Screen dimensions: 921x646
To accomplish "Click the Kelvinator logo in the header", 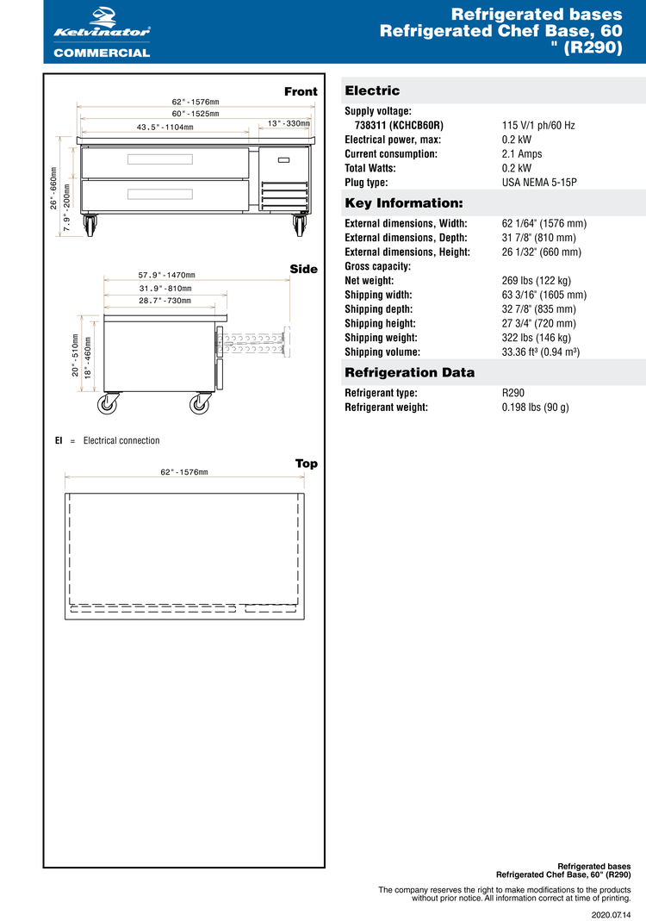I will (102, 26).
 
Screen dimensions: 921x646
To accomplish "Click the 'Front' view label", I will (301, 91).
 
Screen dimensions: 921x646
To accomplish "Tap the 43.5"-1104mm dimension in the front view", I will (165, 128).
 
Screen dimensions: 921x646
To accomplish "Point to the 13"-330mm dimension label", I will (289, 123).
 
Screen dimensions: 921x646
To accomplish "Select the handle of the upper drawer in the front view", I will (159, 159).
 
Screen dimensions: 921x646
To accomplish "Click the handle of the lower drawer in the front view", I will (159, 194).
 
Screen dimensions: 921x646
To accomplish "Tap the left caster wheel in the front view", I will (90, 227).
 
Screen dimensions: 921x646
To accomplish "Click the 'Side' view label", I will (303, 269).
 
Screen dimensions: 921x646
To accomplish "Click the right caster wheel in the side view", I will (201, 403).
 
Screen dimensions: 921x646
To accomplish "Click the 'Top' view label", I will (306, 464).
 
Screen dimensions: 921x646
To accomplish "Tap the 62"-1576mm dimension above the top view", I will (183, 472).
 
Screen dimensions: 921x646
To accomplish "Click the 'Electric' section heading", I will (372, 90).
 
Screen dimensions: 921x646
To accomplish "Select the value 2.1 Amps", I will (522, 154).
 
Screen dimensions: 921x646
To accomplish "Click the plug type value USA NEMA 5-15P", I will (539, 183).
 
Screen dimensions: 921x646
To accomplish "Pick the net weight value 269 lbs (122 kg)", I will (536, 281).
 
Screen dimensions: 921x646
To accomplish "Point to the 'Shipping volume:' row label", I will (382, 352).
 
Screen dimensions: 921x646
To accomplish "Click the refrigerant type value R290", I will (514, 393).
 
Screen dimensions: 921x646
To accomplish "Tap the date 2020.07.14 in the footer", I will (611, 914).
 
